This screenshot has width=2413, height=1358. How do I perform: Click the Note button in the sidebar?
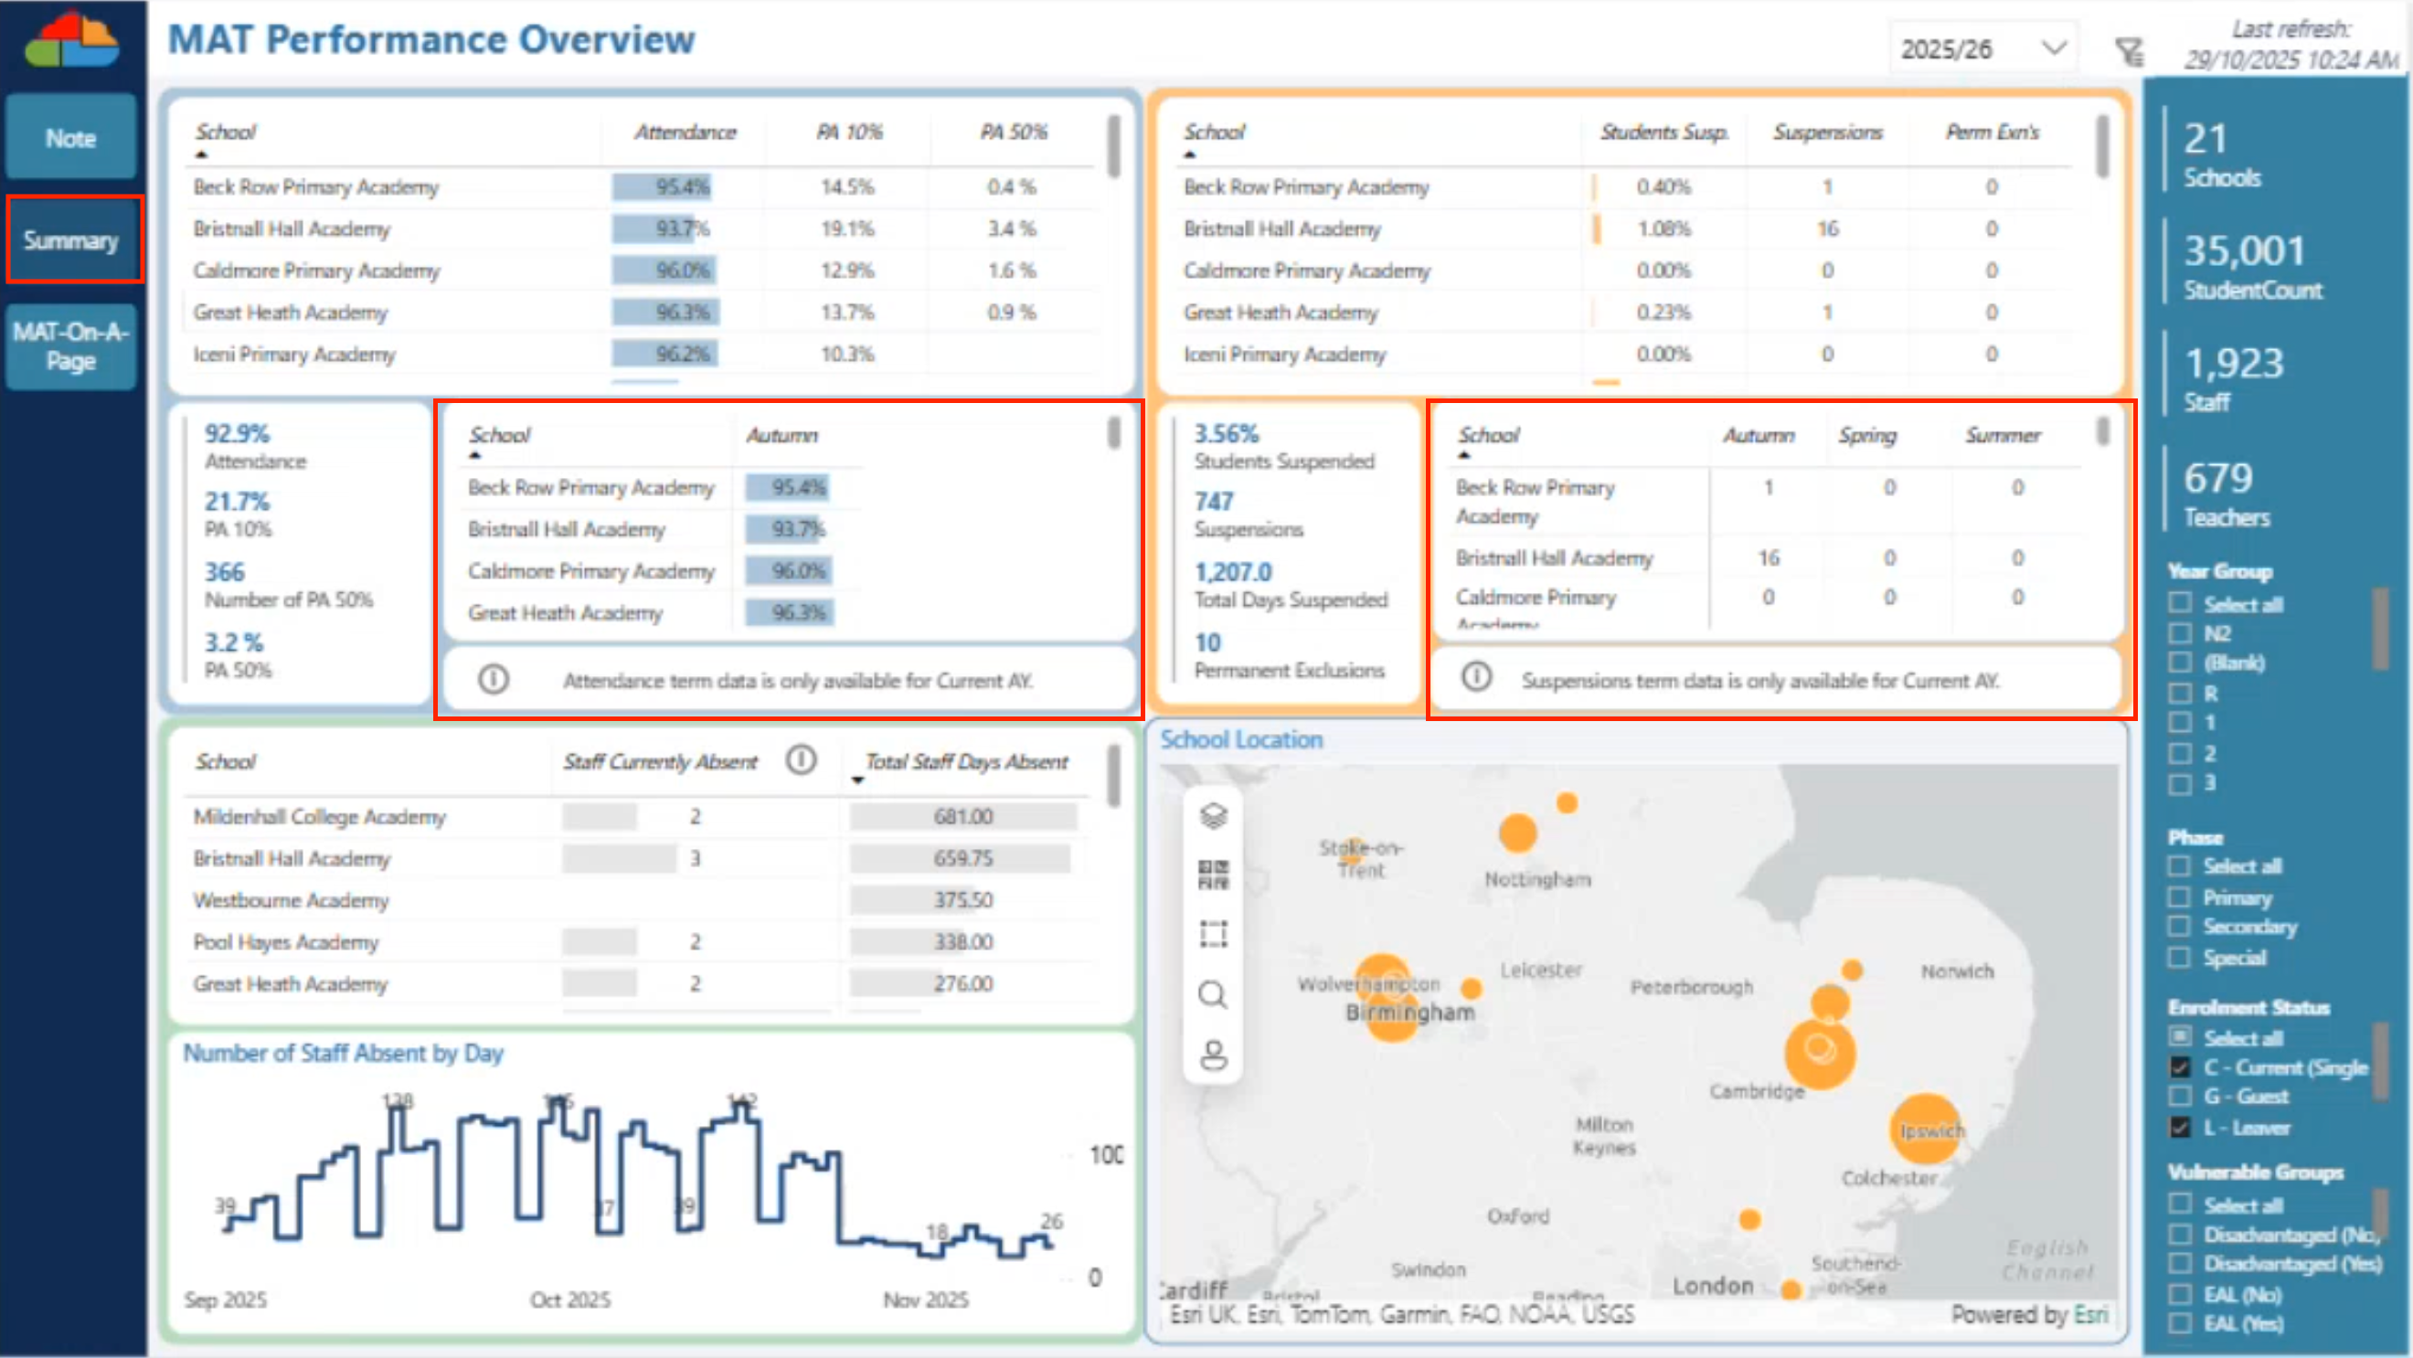point(70,138)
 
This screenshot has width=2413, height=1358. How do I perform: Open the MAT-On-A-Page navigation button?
point(70,345)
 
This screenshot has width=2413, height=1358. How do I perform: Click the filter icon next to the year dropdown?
point(2129,50)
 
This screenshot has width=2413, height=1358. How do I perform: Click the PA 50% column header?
point(1014,133)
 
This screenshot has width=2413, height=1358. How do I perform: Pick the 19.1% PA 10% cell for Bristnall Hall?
point(846,228)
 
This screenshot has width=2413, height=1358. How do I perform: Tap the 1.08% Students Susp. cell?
point(1663,228)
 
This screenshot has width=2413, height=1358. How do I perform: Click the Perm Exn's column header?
point(1992,133)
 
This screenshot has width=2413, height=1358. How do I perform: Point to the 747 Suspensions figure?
point(1214,502)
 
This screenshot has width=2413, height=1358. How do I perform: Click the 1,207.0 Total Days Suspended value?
point(1233,572)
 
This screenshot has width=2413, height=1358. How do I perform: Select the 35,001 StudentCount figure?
point(2244,251)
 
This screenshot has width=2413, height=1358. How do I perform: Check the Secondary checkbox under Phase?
point(2180,927)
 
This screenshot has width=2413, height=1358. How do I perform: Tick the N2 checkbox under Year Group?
point(2180,633)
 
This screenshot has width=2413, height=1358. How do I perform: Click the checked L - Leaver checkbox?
point(2180,1127)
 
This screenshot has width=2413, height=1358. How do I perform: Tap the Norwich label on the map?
point(1957,971)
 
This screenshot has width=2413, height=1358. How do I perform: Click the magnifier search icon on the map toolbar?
point(1213,994)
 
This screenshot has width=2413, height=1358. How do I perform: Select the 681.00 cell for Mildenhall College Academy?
point(962,817)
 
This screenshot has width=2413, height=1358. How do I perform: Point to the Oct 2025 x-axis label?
point(569,1300)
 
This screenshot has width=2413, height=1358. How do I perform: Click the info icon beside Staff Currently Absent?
point(801,759)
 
